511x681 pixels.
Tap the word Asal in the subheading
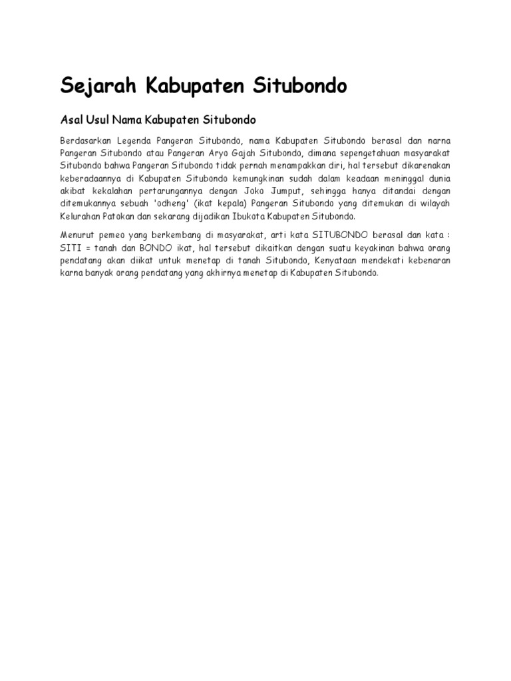pyautogui.click(x=72, y=120)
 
